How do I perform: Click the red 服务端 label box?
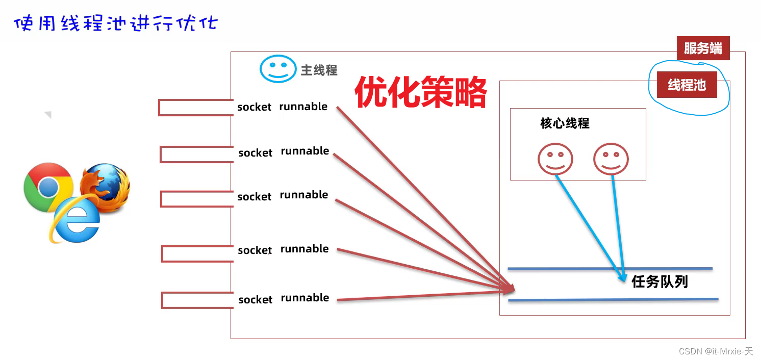point(703,49)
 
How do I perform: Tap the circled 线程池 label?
point(687,85)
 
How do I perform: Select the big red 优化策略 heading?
point(420,92)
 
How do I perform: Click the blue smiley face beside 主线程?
point(278,69)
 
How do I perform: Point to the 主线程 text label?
point(319,70)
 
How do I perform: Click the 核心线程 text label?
point(565,123)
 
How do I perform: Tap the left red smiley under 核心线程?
point(555,159)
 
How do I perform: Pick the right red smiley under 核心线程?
point(611,159)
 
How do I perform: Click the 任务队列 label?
point(659,281)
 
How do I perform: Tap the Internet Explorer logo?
point(75,220)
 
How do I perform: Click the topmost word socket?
point(254,107)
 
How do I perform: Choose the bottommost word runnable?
point(305,298)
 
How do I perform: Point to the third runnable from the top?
point(304,195)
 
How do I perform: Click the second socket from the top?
point(255,153)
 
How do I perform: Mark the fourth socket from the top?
point(255,250)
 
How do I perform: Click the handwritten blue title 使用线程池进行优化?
point(115,23)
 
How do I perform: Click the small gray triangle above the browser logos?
point(48,115)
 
